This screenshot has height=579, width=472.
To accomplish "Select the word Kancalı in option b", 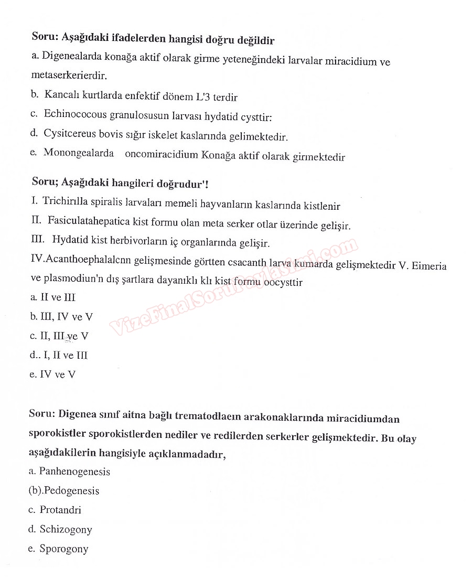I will point(61,95).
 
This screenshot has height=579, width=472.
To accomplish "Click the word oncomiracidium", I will point(162,155).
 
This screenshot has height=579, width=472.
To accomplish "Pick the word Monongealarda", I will point(79,153).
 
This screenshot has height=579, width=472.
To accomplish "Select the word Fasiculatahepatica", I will point(90,222).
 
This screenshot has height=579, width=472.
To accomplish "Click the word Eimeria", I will point(429,265).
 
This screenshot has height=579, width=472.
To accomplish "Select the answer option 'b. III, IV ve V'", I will point(61,317).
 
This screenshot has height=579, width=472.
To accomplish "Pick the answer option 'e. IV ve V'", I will point(53,374).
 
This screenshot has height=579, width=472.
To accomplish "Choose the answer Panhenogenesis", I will point(74,471).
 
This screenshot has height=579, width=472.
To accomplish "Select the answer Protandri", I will point(60,510).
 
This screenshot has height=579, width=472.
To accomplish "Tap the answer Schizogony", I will point(66,529).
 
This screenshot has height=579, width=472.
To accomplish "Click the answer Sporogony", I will point(64,549).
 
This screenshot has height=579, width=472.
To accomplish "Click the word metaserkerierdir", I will point(69,76).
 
